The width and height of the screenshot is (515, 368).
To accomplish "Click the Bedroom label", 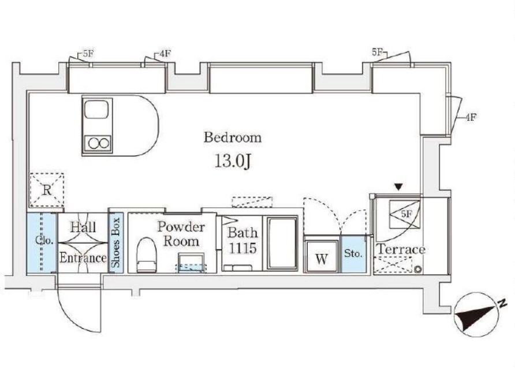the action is (233, 137).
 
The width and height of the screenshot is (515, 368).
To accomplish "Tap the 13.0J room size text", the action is (233, 161).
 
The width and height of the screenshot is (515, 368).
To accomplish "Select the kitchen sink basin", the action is (96, 110).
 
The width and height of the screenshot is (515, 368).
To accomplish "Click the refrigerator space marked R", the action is (47, 190).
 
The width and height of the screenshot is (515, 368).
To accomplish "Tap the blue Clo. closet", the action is (42, 243).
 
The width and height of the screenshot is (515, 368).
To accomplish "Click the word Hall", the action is (83, 227).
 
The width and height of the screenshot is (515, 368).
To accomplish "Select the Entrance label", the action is (83, 258).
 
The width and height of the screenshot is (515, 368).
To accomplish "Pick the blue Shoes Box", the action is (115, 243).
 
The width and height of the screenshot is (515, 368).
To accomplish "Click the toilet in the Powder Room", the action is (146, 255).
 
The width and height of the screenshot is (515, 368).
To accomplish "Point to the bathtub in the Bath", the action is (282, 243).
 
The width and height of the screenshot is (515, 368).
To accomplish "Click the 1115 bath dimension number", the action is (242, 248).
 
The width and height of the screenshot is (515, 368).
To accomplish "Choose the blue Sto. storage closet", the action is (354, 254).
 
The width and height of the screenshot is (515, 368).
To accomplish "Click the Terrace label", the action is (401, 250).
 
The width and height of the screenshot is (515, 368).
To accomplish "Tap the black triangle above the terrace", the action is (399, 187).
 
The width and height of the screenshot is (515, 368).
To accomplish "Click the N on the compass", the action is (502, 303).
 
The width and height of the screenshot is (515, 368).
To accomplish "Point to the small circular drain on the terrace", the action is (418, 269).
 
